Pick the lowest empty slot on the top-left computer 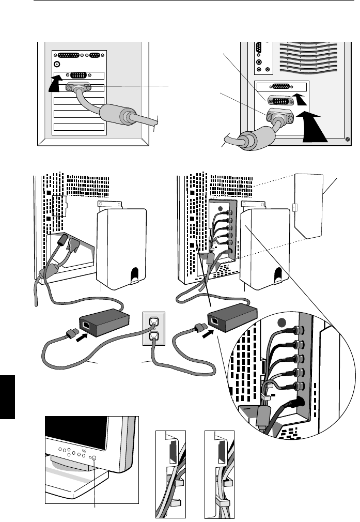pyautogui.click(x=79, y=126)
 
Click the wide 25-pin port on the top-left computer pyautogui.click(x=73, y=55)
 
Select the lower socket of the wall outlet pyautogui.click(x=153, y=337)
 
